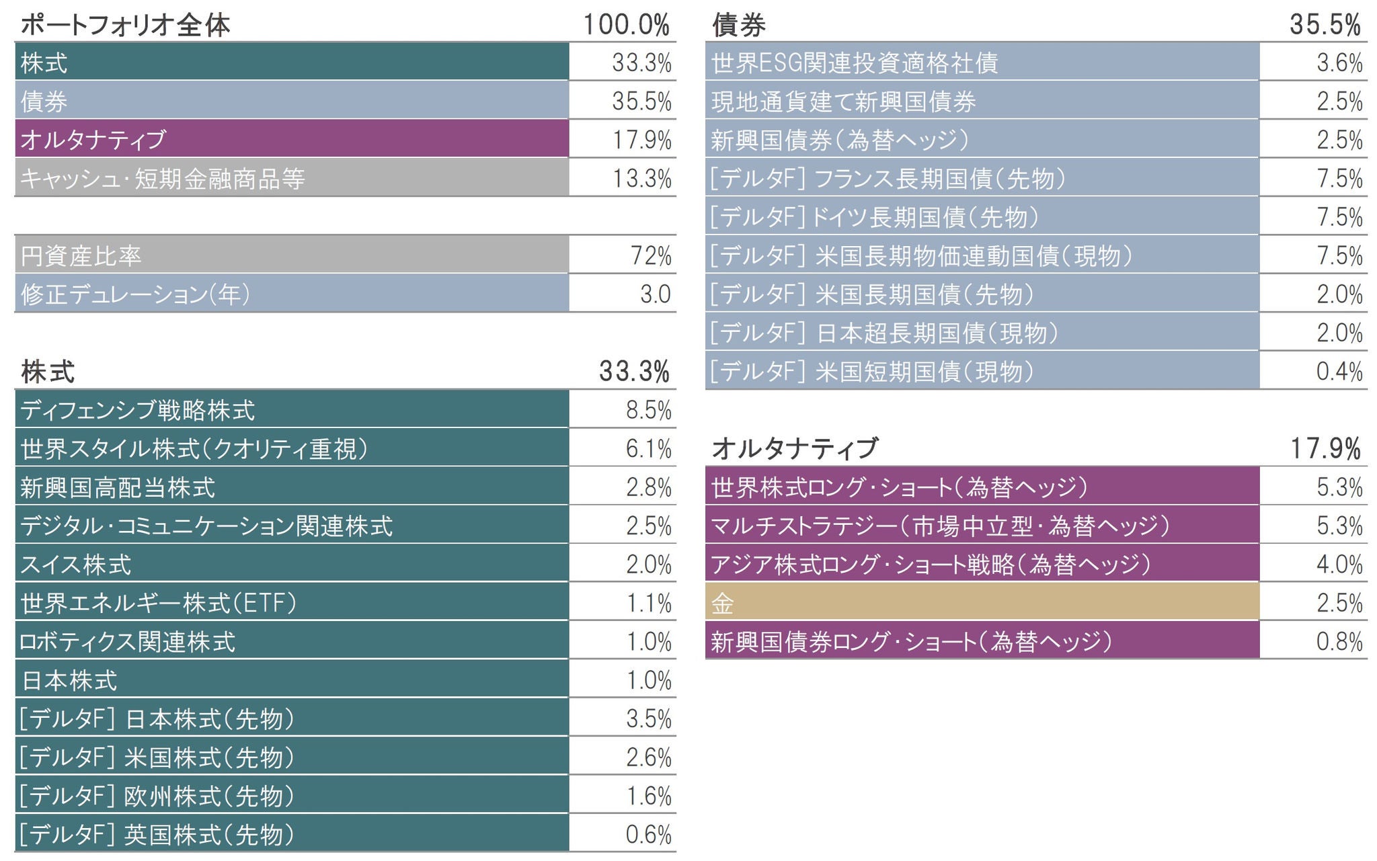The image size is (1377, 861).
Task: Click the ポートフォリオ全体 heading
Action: pyautogui.click(x=125, y=25)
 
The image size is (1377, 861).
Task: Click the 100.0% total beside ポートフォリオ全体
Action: pyautogui.click(x=626, y=25)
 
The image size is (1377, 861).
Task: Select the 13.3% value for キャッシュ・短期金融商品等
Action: pyautogui.click(x=641, y=178)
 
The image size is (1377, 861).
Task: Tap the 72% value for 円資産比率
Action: pyautogui.click(x=651, y=255)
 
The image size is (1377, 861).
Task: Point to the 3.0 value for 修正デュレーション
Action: pyautogui.click(x=656, y=294)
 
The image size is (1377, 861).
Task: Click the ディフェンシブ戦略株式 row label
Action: pyautogui.click(x=138, y=409)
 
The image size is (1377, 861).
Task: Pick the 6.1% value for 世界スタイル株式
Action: pyautogui.click(x=648, y=448)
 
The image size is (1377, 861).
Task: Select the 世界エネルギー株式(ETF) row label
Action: pyautogui.click(x=159, y=603)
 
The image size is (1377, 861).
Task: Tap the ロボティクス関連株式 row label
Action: pyautogui.click(x=128, y=641)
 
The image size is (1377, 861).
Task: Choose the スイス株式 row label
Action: pyautogui.click(x=76, y=564)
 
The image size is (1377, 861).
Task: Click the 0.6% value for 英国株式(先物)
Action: pyautogui.click(x=648, y=834)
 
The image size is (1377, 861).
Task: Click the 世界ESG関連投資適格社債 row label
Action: pyautogui.click(x=855, y=63)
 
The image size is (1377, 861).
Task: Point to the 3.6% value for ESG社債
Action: pyautogui.click(x=1339, y=63)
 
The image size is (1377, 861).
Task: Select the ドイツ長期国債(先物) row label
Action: pyautogui.click(x=875, y=217)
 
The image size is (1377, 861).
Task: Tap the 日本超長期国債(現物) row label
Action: pyautogui.click(x=884, y=333)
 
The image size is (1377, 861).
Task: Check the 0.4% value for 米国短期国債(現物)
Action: pyautogui.click(x=1339, y=371)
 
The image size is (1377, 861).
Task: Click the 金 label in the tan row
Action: pyautogui.click(x=723, y=603)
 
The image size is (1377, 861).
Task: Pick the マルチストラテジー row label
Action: pyautogui.click(x=941, y=526)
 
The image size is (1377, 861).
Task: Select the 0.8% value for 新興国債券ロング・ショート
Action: pyautogui.click(x=1339, y=641)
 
